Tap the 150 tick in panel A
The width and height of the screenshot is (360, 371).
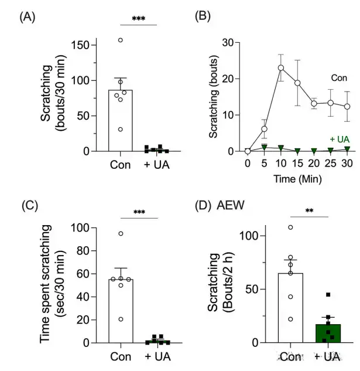[88, 45]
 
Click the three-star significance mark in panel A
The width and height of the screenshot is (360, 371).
[139, 19]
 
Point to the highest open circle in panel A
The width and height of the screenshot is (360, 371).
[121, 40]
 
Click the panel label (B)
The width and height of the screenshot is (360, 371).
[201, 17]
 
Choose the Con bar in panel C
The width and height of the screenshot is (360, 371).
[121, 311]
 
